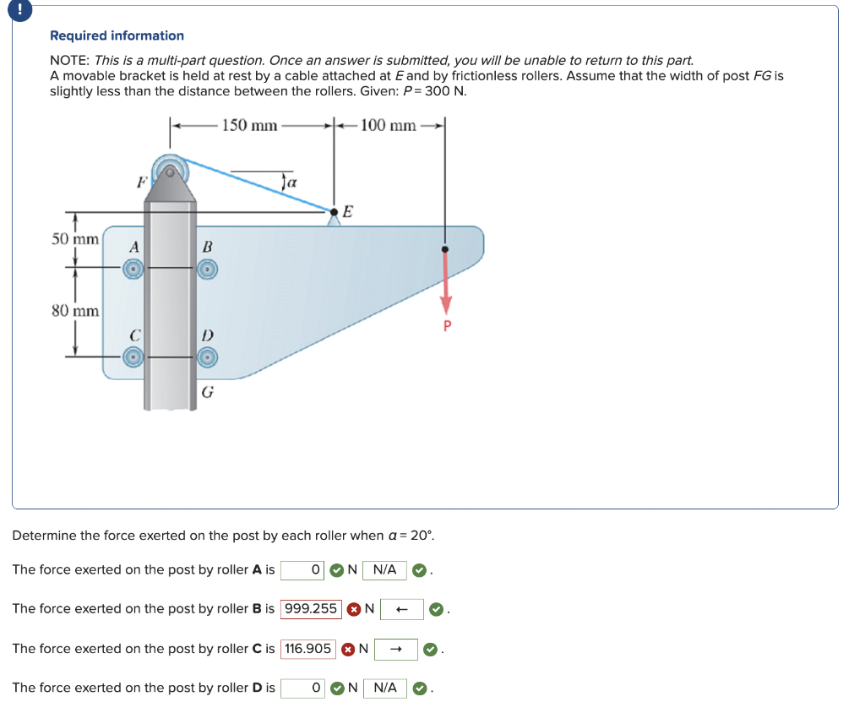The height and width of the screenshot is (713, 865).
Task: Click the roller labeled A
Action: [x=133, y=269]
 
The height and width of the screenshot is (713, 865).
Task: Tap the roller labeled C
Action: [x=133, y=357]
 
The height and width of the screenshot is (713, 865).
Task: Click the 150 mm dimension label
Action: [x=250, y=126]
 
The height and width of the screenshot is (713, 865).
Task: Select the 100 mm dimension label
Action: [x=388, y=126]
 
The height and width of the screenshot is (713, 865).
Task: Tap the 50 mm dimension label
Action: [x=74, y=239]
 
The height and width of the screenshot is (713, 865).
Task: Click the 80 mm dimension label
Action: [x=74, y=310]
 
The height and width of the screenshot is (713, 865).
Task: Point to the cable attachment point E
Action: [x=335, y=212]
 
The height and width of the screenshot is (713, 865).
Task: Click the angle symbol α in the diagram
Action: [x=290, y=182]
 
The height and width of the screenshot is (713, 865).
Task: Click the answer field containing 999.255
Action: [x=311, y=608]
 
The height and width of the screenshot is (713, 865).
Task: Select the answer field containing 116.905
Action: [x=307, y=649]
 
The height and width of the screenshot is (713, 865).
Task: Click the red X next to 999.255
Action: [x=354, y=609]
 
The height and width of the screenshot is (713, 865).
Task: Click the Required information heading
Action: [x=117, y=35]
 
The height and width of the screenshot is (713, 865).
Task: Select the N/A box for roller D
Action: [x=384, y=688]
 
